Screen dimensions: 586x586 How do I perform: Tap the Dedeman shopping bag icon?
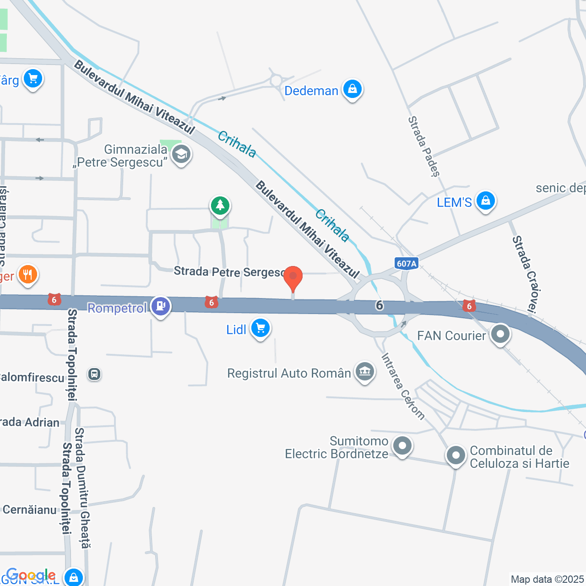pyautogui.click(x=352, y=89)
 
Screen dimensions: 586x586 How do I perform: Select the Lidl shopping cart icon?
pyautogui.click(x=260, y=328)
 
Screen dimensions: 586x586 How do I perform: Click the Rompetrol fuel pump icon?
pyautogui.click(x=161, y=306)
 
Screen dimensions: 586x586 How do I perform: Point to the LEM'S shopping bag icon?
pyautogui.click(x=486, y=201)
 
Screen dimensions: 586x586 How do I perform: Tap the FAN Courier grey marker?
pyautogui.click(x=500, y=334)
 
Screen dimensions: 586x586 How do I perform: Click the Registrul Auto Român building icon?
pyautogui.click(x=365, y=371)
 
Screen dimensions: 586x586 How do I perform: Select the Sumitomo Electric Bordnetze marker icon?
pyautogui.click(x=403, y=445)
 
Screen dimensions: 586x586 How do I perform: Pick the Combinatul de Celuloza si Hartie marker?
pyautogui.click(x=456, y=456)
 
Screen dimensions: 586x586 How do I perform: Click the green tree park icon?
pyautogui.click(x=220, y=206)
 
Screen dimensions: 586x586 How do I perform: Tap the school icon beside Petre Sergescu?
pyautogui.click(x=181, y=155)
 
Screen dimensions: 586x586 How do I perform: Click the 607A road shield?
pyautogui.click(x=407, y=263)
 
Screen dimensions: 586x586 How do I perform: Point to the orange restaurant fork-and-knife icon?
pyautogui.click(x=28, y=275)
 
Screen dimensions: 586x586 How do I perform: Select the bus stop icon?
pyautogui.click(x=94, y=374)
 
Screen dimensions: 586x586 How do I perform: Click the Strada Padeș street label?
pyautogui.click(x=424, y=146)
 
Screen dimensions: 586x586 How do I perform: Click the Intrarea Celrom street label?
pyautogui.click(x=403, y=386)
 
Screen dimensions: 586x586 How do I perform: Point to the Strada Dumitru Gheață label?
pyautogui.click(x=83, y=488)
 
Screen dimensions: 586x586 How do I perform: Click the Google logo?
pyautogui.click(x=31, y=575)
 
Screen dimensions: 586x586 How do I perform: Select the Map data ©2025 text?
pyautogui.click(x=547, y=579)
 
